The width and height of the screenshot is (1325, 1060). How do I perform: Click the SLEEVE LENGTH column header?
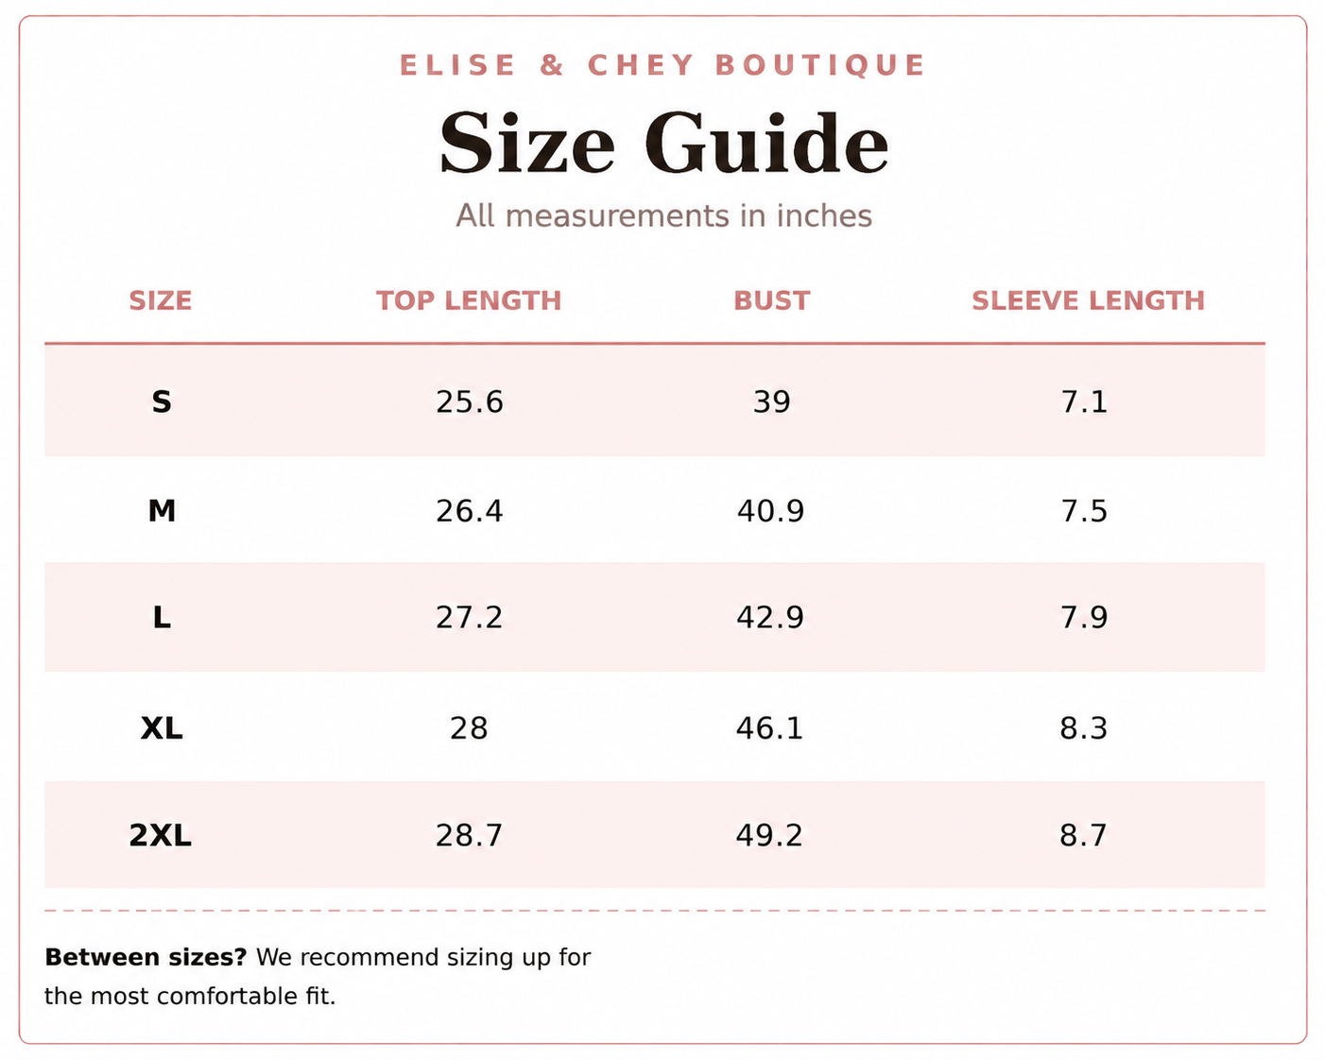click(1088, 300)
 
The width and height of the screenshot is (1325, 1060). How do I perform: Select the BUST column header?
click(771, 300)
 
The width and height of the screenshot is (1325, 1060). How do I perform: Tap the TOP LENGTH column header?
click(469, 300)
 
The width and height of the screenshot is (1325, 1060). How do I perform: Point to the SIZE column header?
click(160, 300)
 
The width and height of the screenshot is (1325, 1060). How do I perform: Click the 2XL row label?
click(160, 835)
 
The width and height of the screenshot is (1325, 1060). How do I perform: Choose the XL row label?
click(162, 728)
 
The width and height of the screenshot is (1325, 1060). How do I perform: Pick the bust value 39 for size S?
click(771, 402)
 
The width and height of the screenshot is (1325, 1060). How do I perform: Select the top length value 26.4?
click(469, 511)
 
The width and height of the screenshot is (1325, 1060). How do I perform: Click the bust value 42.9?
click(770, 618)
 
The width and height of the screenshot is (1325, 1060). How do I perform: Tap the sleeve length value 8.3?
click(1083, 728)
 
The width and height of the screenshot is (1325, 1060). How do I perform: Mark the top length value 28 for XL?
click(469, 728)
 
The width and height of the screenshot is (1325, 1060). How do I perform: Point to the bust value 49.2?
click(769, 835)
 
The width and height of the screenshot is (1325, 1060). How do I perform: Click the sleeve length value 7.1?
click(1084, 402)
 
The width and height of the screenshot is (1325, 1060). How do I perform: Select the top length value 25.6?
click(469, 402)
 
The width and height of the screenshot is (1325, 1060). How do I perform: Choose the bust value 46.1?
click(769, 728)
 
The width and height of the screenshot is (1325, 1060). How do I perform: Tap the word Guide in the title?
click(766, 143)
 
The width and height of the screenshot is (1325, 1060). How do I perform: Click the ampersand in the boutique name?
click(551, 65)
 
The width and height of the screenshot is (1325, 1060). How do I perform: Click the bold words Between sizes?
click(146, 957)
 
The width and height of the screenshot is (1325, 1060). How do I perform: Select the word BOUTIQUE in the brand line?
click(819, 65)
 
